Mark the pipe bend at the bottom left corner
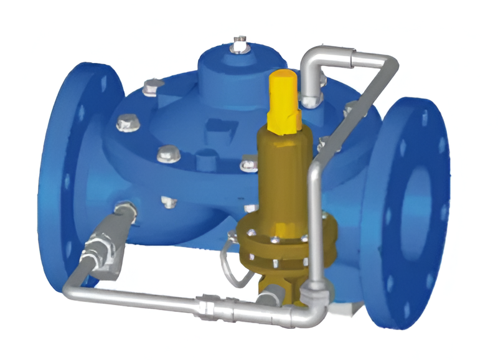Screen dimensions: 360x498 click(x=70, y=283)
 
